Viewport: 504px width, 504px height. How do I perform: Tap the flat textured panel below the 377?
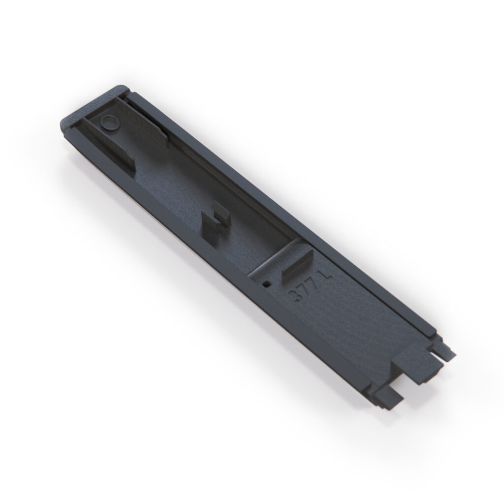(345, 325)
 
